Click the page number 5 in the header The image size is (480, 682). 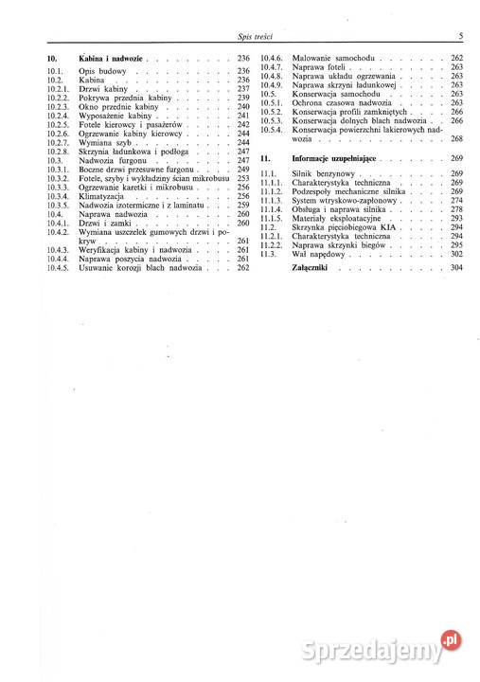(459, 36)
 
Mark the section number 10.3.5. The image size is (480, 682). (59, 205)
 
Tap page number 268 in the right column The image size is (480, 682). (457, 138)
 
